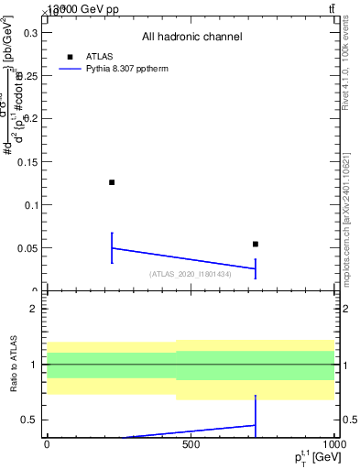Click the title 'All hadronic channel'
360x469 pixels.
click(x=191, y=37)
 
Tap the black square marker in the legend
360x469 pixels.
click(x=71, y=57)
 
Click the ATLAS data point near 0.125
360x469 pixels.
click(x=112, y=182)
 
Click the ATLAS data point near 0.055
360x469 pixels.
click(x=256, y=244)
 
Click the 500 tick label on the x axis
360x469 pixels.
click(x=191, y=443)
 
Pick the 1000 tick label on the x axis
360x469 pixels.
click(x=332, y=443)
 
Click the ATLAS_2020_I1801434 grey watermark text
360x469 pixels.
click(x=191, y=273)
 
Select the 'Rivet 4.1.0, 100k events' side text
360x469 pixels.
click(x=345, y=64)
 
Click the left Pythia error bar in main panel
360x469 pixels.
click(x=112, y=247)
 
